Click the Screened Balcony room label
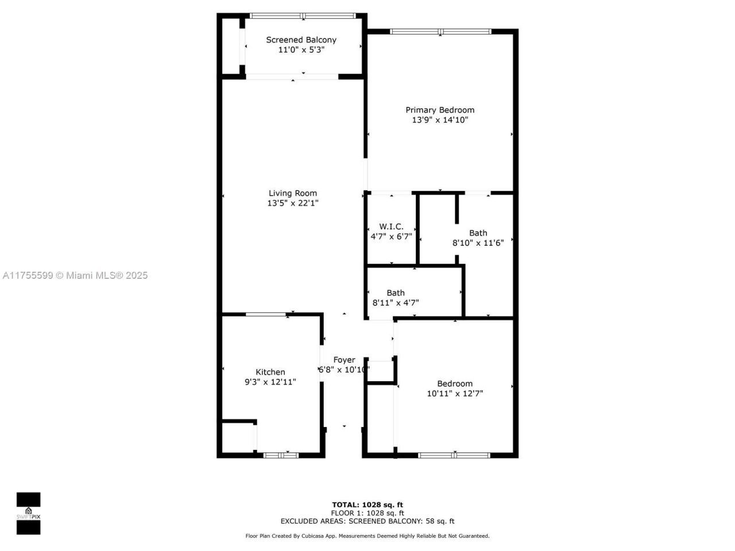click(301, 40)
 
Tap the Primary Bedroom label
click(440, 110)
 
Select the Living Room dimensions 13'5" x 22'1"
click(292, 203)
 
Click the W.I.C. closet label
click(391, 227)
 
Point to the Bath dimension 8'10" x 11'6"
click(478, 243)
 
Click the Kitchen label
click(270, 372)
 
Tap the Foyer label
click(344, 360)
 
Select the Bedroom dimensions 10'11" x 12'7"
click(455, 394)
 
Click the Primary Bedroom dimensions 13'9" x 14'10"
click(440, 120)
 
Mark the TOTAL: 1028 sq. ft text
click(367, 505)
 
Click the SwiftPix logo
click(28, 513)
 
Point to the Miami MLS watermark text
click(75, 275)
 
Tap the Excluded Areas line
click(367, 521)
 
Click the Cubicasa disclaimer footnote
click(367, 536)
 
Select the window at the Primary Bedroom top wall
click(440, 32)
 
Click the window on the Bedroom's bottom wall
click(454, 455)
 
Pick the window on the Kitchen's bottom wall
click(281, 455)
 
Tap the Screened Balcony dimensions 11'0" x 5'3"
click(301, 50)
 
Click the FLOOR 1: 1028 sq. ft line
click(367, 513)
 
